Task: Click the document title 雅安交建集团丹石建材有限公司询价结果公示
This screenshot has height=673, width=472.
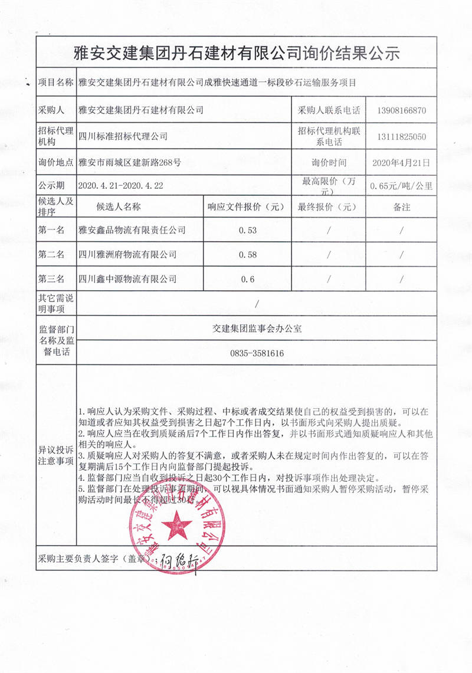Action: coord(236,54)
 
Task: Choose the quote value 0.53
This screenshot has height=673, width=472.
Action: coord(248,231)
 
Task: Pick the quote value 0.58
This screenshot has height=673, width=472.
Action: coord(248,255)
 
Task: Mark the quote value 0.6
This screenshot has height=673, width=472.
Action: coord(248,279)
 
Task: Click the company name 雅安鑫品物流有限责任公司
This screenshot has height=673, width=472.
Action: coord(132,231)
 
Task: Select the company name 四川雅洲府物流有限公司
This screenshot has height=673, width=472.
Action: coord(127,255)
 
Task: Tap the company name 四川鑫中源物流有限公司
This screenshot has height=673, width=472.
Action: coord(127,279)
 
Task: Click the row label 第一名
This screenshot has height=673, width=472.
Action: coord(51,231)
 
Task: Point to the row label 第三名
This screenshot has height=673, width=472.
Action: coord(51,279)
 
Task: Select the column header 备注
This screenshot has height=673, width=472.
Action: coord(401,207)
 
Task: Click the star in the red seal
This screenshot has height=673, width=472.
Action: coord(175,524)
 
